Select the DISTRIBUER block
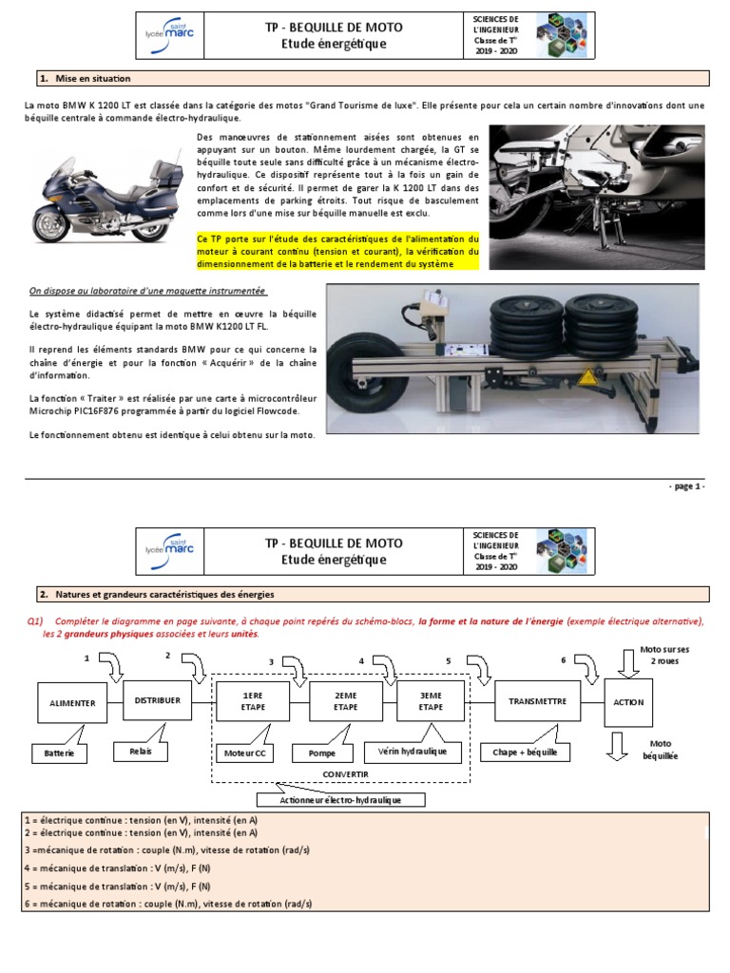(x=158, y=700)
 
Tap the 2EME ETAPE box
(x=344, y=700)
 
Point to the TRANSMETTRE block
(x=538, y=701)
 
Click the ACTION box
(x=629, y=702)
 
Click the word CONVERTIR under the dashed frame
(x=345, y=773)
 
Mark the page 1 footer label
(x=685, y=486)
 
